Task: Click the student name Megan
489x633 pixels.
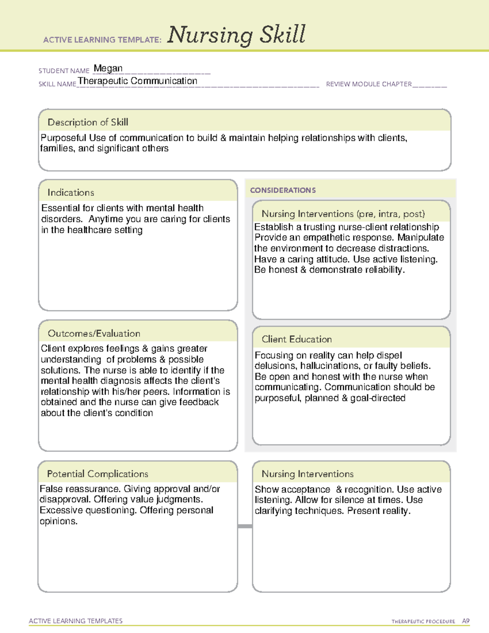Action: click(108, 68)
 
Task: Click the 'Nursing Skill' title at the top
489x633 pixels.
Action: click(236, 35)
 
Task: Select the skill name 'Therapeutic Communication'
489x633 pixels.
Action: click(138, 81)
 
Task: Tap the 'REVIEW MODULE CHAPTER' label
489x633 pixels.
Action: click(369, 84)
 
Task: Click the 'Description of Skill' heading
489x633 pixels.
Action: click(88, 122)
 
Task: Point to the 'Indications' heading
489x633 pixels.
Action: click(70, 192)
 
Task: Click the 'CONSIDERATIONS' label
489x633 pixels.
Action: click(283, 190)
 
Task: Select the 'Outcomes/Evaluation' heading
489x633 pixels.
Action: click(94, 333)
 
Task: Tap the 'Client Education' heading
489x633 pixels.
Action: click(297, 339)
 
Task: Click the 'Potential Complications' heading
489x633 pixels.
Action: click(97, 474)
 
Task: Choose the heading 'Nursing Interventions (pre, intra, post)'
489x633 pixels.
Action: click(343, 214)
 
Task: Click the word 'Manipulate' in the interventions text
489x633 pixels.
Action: click(421, 238)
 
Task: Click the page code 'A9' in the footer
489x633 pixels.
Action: click(465, 621)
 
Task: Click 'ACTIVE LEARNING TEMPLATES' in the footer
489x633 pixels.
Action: click(76, 621)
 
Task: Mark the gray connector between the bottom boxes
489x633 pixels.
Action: click(245, 526)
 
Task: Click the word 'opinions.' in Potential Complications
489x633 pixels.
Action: click(58, 521)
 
